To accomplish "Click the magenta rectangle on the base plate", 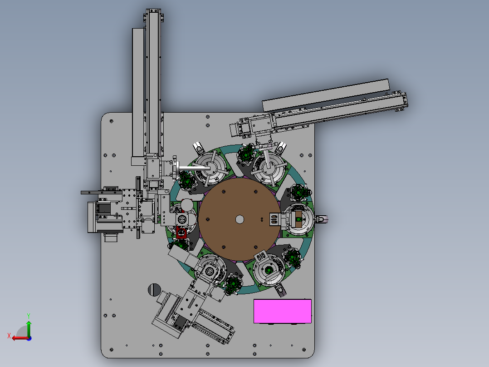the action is click(283, 311).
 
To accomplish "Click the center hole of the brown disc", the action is click(240, 219).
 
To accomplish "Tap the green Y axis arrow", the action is click(29, 328).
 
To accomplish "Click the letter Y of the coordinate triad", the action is click(29, 316).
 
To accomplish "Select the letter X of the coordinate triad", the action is click(9, 336).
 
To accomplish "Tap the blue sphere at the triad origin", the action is click(29, 338).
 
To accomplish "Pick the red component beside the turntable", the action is click(181, 233).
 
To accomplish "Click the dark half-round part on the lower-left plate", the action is click(154, 289).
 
